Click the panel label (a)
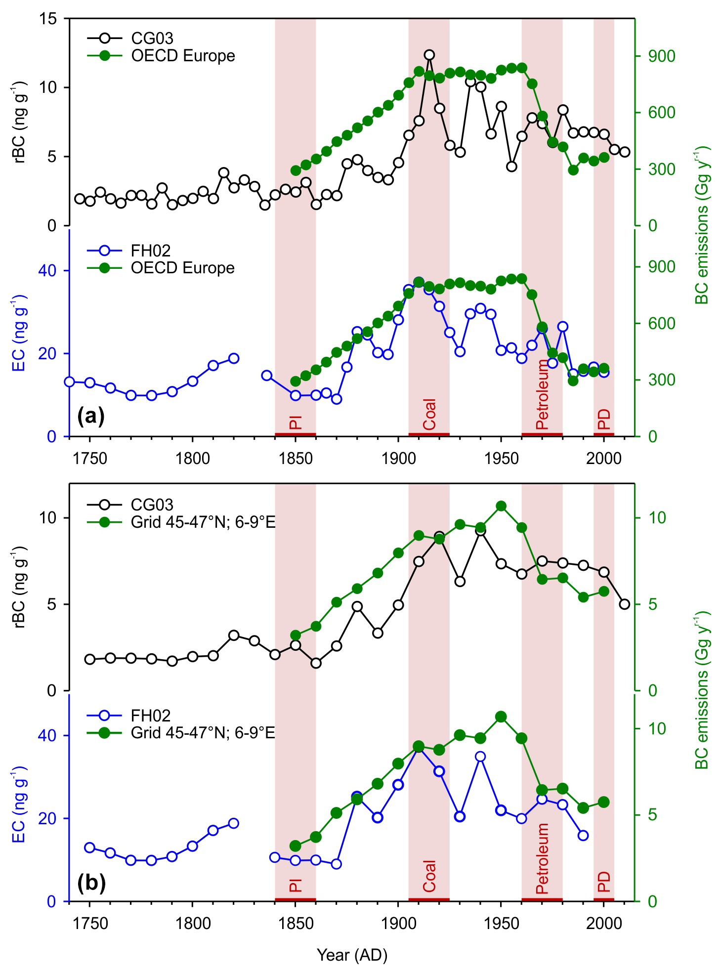91,417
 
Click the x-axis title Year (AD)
352,955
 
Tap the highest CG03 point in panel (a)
429,55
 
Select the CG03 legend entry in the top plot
152,38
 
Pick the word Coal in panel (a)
429,414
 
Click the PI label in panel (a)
296,423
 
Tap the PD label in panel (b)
604,882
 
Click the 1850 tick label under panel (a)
296,459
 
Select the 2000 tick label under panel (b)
603,924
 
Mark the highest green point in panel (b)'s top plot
501,506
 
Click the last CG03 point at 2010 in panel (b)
625,604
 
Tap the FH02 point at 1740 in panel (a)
69,381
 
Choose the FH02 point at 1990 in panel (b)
583,835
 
